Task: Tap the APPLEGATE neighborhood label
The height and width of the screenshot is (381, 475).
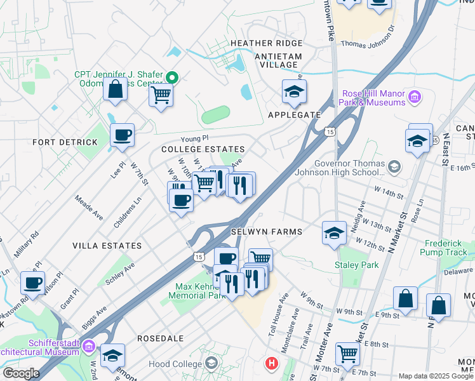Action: (294, 115)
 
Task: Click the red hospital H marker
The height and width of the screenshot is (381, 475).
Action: (272, 363)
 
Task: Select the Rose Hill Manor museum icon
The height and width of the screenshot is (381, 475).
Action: (414, 98)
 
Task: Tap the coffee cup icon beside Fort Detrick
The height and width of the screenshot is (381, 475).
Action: (122, 135)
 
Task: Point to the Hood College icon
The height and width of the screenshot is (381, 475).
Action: (212, 364)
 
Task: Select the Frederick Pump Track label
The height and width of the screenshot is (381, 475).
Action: (446, 248)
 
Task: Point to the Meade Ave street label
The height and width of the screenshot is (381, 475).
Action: (89, 208)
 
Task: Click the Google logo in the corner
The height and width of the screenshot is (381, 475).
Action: (20, 373)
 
